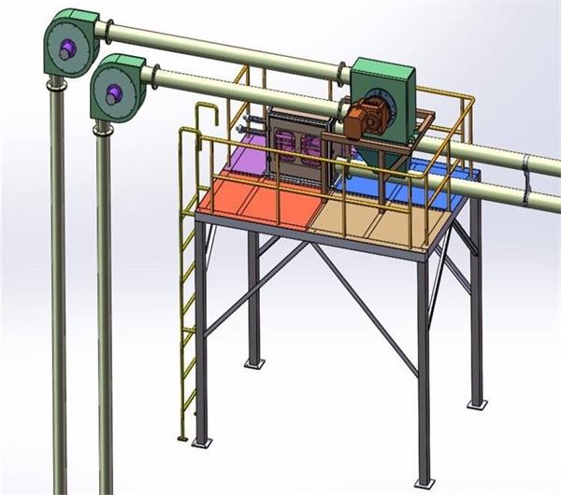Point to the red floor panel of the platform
(252, 201)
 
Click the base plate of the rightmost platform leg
(478, 403)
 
